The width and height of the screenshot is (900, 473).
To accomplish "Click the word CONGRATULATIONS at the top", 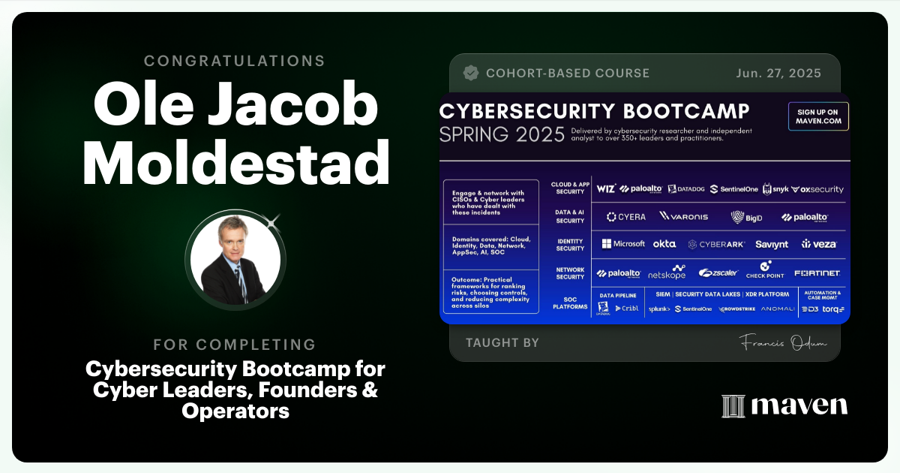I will (234, 61).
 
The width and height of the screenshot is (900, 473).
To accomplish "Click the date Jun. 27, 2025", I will (778, 74).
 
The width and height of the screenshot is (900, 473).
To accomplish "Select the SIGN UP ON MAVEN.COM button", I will (818, 116).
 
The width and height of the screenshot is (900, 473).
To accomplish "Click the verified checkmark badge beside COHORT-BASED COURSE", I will (471, 74).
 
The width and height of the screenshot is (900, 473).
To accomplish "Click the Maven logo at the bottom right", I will (784, 405).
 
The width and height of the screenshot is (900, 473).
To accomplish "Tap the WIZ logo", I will (606, 189).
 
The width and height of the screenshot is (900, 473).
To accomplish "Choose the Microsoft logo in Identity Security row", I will (623, 243).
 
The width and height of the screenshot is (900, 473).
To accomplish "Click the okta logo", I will (664, 244).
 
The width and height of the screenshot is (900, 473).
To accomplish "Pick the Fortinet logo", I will (817, 273).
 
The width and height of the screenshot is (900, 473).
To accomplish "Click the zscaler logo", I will (718, 273).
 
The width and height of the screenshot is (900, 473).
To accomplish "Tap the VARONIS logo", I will (684, 216).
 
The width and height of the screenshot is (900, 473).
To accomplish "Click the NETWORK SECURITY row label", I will (570, 273).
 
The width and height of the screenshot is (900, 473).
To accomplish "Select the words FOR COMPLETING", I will (234, 345).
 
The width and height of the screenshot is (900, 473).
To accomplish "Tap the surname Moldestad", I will (234, 161).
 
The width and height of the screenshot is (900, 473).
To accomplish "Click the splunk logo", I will (658, 309).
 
